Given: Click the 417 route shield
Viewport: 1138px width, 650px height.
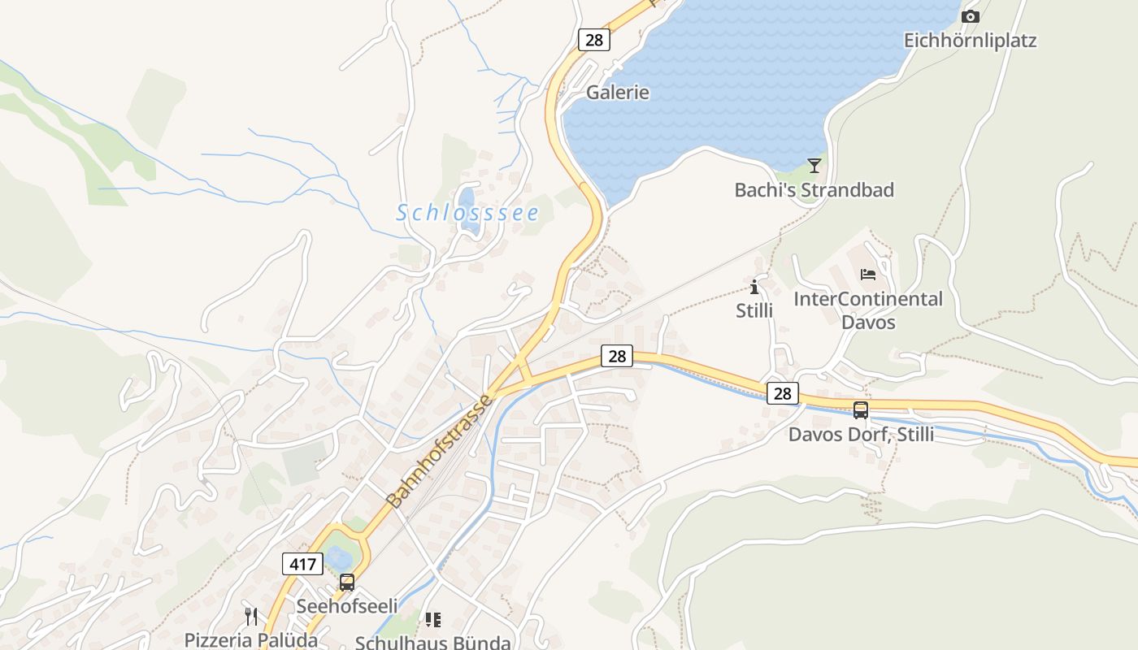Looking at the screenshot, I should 303,563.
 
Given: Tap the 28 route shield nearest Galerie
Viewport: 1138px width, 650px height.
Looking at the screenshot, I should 594,39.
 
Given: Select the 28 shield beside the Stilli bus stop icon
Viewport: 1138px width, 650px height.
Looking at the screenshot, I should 782,393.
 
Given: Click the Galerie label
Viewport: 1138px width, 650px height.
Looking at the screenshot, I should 618,93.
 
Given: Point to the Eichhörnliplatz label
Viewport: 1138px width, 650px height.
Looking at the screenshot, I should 971,40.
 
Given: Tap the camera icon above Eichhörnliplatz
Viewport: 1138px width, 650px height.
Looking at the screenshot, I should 970,16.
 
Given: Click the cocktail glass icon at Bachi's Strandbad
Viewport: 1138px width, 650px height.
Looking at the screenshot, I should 814,166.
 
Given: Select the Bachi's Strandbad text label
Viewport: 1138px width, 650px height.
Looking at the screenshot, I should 814,190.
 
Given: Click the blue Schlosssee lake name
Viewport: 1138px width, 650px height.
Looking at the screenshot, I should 467,213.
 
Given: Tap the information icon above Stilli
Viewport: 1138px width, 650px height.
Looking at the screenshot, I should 754,287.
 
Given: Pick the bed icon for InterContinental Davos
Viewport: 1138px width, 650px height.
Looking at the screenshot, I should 868,275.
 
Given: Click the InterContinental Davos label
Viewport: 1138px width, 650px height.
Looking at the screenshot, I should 868,310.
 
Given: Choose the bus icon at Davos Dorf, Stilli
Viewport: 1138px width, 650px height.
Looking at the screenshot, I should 861,410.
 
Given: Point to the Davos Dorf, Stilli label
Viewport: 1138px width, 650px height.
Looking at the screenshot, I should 861,435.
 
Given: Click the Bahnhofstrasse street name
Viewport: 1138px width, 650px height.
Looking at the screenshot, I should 440,452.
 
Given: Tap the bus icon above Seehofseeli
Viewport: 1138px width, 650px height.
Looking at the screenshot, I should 347,583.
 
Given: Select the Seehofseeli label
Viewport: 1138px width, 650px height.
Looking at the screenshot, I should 347,606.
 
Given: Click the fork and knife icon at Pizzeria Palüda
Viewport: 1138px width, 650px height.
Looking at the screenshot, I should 251,617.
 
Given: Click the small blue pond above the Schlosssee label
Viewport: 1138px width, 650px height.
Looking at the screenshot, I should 467,197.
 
